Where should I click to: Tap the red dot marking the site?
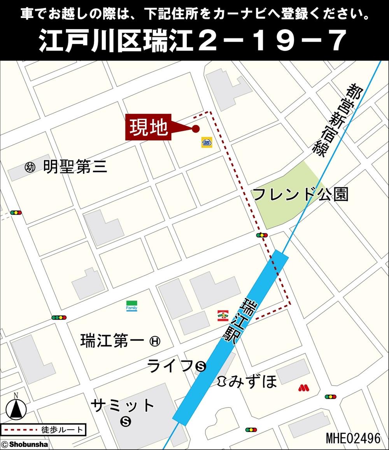[196, 129]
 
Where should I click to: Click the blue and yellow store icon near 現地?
[206, 142]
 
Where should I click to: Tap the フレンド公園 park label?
[300, 194]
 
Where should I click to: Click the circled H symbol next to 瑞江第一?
[155, 341]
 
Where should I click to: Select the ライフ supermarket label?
[170, 365]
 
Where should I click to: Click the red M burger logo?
[303, 387]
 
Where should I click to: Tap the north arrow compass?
[16, 408]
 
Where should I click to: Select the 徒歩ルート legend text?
[62, 430]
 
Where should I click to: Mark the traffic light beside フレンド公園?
[262, 235]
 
